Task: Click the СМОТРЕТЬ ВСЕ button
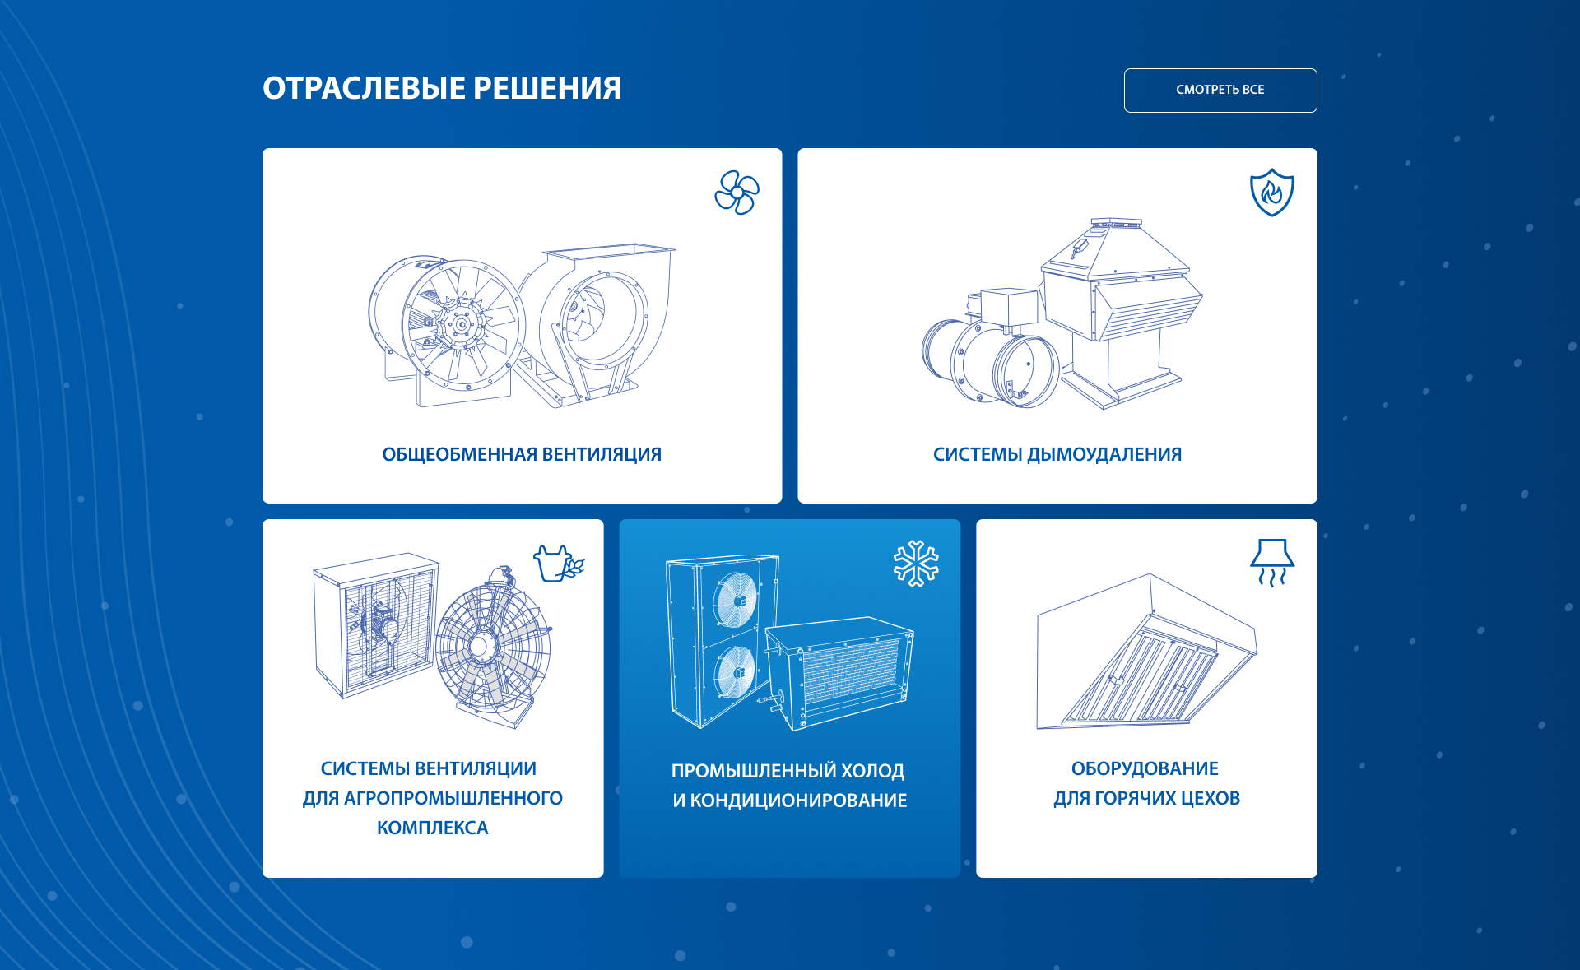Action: coord(1220,91)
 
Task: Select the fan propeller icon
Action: coord(737,193)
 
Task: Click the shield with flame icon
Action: coord(1271,193)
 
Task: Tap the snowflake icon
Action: coord(916,564)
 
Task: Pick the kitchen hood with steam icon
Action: coord(1272,563)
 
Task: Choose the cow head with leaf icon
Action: coord(559,564)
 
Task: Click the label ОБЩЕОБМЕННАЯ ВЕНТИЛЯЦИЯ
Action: coord(522,454)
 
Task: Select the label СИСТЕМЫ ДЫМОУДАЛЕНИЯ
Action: coord(1057,454)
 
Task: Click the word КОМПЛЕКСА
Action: coord(433,828)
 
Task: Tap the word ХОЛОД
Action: coord(872,771)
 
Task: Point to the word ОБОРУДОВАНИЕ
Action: coord(1145,768)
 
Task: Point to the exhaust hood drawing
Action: coord(1146,652)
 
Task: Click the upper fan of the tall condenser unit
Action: coord(736,600)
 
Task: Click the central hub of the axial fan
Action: coord(460,324)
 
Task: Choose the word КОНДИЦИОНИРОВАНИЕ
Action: coord(798,801)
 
